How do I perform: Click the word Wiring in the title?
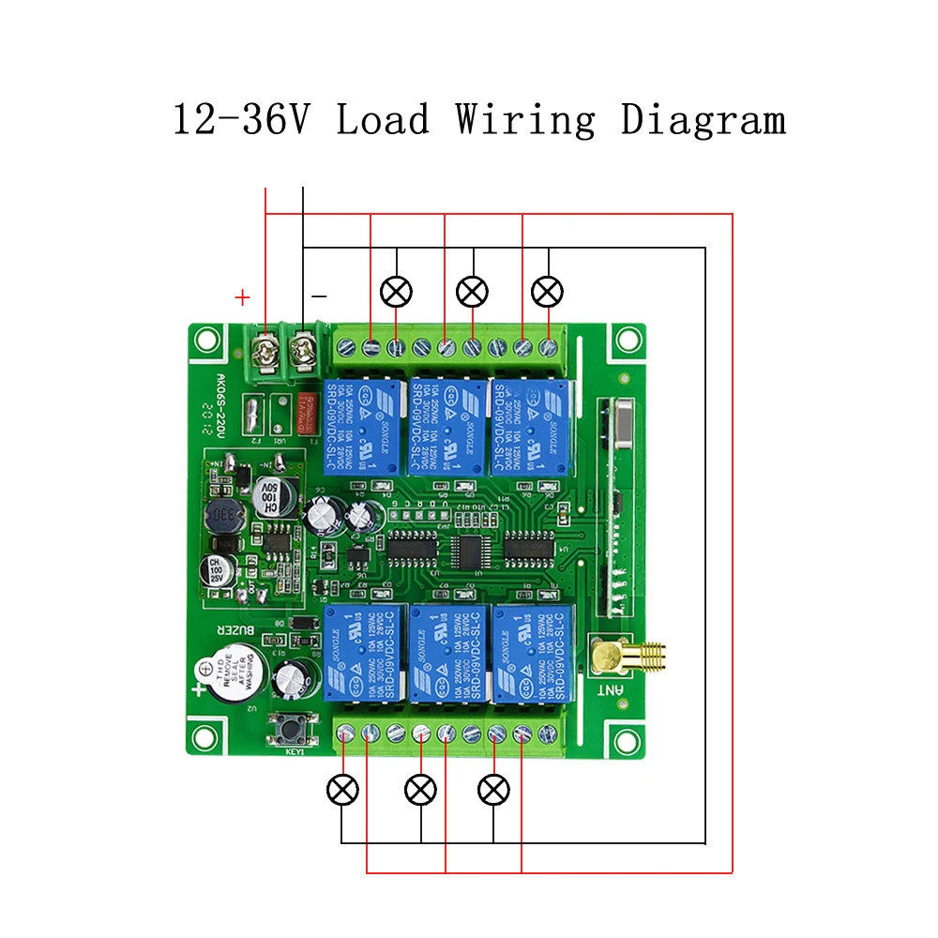click(525, 121)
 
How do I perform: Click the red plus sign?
click(243, 298)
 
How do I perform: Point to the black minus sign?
click(319, 296)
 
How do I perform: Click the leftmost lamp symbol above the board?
click(396, 293)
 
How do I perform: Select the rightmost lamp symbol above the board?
click(547, 293)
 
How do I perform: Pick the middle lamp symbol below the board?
click(420, 790)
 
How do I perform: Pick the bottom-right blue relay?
click(530, 653)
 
